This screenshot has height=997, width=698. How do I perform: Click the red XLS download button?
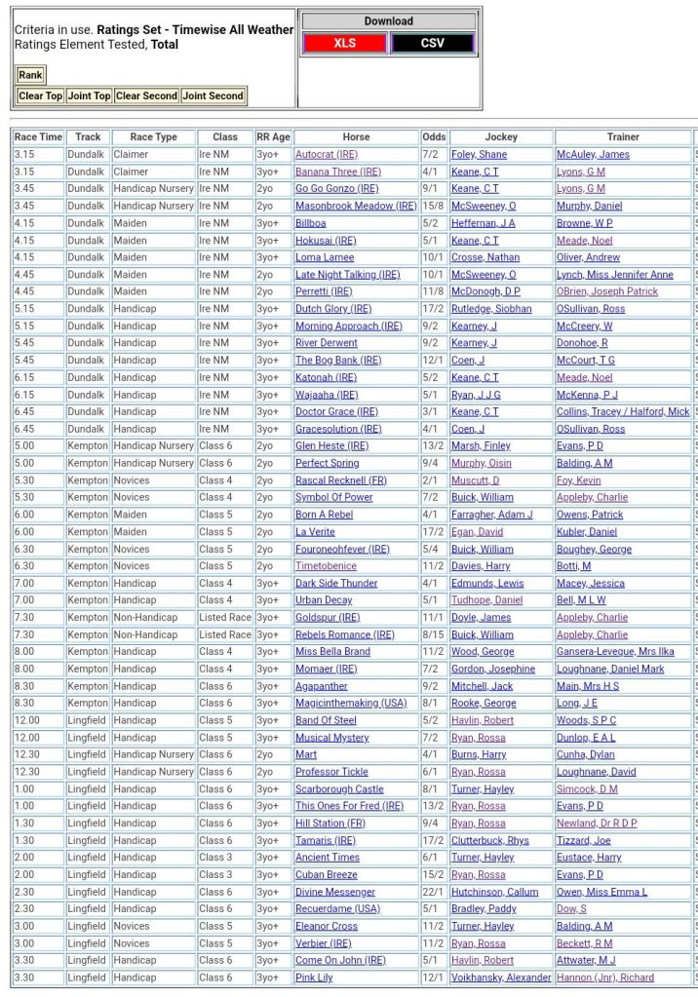(x=345, y=43)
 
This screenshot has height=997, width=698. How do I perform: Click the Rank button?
(x=30, y=75)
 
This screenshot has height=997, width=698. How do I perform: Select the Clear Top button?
(x=41, y=96)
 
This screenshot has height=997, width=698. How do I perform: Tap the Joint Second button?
(x=213, y=96)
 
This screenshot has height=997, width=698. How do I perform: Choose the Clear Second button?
(x=146, y=96)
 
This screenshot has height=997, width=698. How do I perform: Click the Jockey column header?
(x=501, y=137)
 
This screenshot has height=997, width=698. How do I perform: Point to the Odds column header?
(x=434, y=137)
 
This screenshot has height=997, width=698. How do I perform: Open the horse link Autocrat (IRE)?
(x=327, y=155)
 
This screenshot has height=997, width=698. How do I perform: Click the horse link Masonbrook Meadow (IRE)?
(x=356, y=207)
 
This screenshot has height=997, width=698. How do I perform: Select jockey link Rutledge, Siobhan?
(x=491, y=309)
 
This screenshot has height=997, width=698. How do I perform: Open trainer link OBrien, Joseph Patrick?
(x=606, y=291)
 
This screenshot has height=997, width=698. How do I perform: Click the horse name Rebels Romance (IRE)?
(x=345, y=634)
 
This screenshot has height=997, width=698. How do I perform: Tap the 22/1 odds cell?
(x=433, y=892)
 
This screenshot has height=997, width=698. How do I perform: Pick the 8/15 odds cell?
(x=434, y=634)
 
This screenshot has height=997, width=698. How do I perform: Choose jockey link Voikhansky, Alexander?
(x=501, y=978)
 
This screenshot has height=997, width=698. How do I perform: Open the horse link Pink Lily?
(x=314, y=978)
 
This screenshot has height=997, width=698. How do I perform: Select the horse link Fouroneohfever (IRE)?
(x=342, y=549)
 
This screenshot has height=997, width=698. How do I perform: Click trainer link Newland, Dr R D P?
(x=597, y=824)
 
